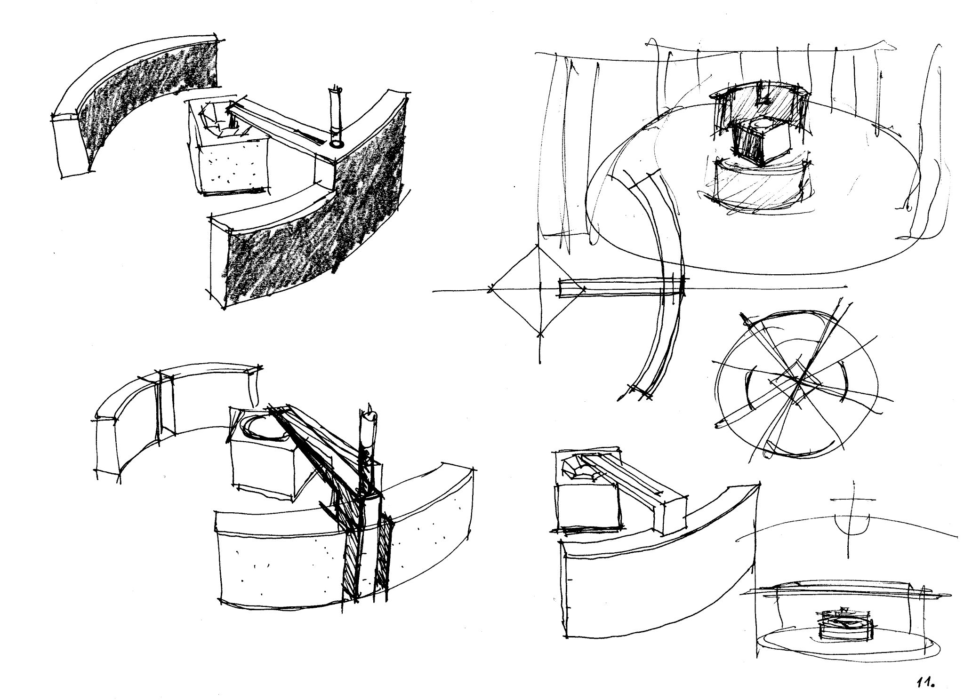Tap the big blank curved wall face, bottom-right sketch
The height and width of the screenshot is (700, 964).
pos(659,579)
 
